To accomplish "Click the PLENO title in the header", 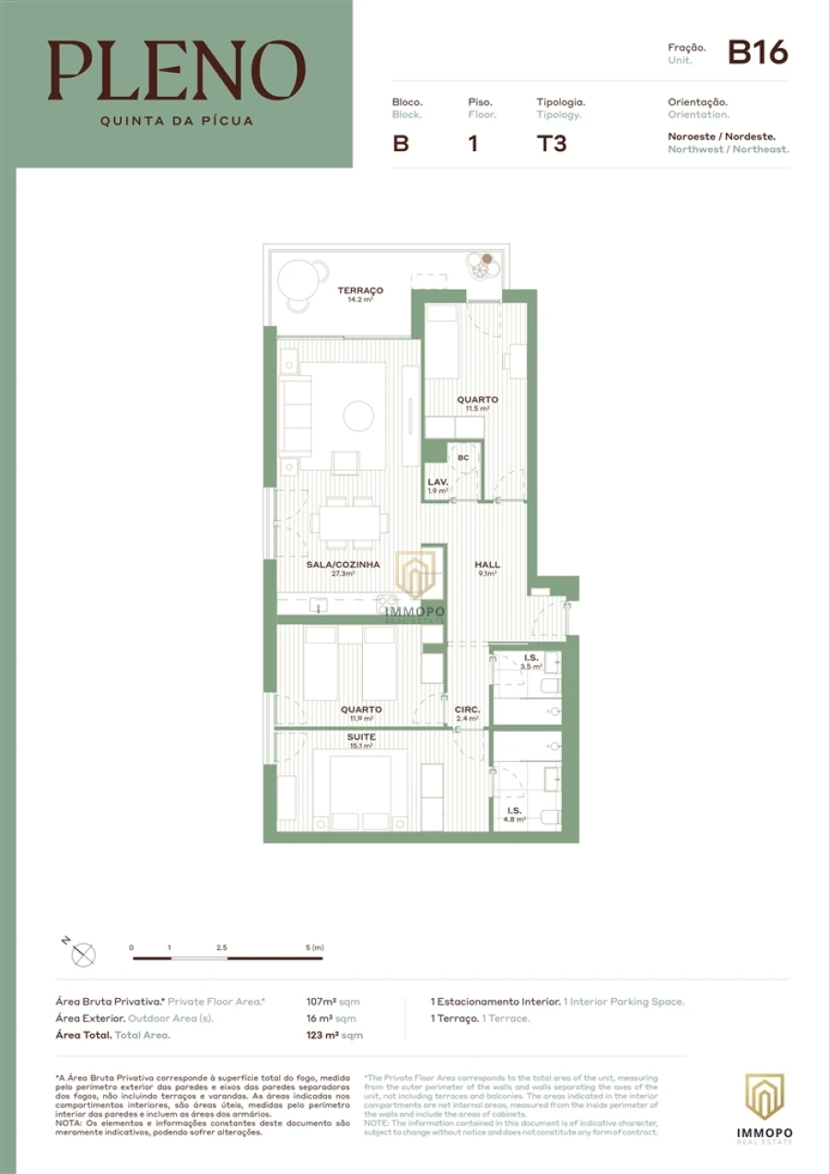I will click(x=177, y=72).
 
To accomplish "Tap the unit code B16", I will click(x=757, y=53).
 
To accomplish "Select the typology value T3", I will click(x=551, y=145).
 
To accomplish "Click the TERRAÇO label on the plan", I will click(x=360, y=290).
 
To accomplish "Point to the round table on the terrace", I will click(x=301, y=277).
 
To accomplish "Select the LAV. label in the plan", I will click(x=438, y=482).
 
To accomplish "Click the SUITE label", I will click(x=360, y=738).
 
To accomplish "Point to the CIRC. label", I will click(x=467, y=710).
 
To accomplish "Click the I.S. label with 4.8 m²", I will click(x=513, y=810).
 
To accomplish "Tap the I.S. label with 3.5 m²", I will click(x=531, y=657).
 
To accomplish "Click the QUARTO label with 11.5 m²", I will click(x=477, y=400).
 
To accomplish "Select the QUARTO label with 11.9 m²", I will click(x=360, y=710).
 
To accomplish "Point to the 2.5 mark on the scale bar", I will click(x=221, y=947).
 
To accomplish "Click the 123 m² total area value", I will click(x=326, y=1035).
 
